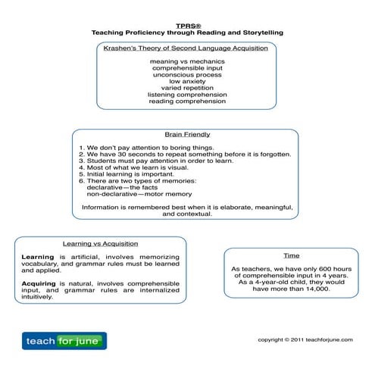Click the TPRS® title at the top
tap(187, 24)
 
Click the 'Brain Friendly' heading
tap(186, 134)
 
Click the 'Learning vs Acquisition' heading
tap(100, 244)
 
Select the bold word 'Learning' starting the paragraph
tap(37, 257)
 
